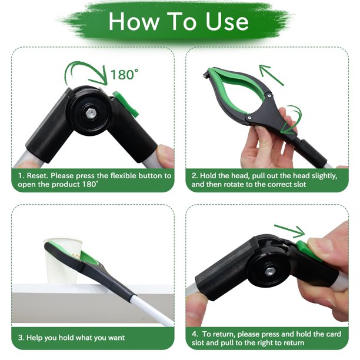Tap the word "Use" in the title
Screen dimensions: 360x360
pos(224,22)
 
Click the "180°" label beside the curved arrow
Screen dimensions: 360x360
pos(124,75)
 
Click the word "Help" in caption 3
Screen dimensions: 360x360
pos(36,337)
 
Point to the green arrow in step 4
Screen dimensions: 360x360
pos(289,229)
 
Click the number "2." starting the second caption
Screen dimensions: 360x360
pos(195,175)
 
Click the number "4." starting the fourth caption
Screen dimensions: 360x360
pos(195,333)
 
